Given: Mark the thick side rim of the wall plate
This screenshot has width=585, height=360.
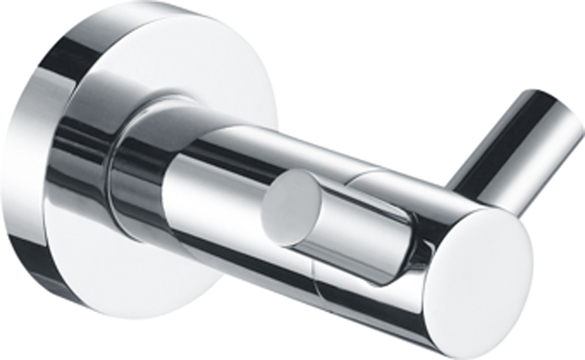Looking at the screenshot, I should coord(34,172).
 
